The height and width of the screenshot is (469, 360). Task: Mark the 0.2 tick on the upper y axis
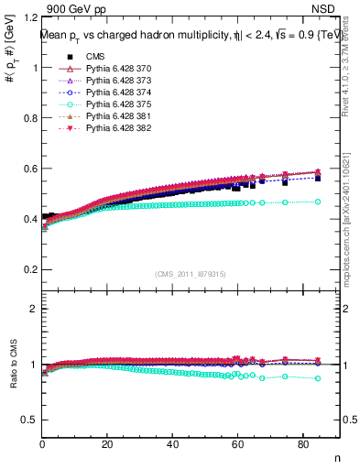point(29,269)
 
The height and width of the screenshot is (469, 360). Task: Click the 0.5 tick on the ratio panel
point(29,420)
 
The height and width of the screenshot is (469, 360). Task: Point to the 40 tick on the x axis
point(172,445)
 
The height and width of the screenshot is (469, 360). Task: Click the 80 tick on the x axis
point(302,445)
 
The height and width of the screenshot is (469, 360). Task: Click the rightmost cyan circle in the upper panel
point(318,202)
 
